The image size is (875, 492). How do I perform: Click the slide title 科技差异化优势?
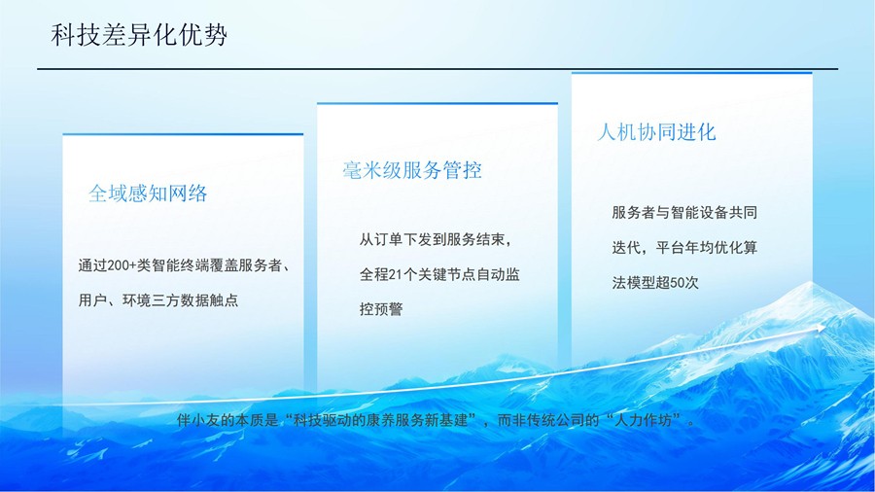click(x=139, y=35)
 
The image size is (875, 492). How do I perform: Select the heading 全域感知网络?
click(x=148, y=193)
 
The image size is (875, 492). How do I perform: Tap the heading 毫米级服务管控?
click(x=412, y=170)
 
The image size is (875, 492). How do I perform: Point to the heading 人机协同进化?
click(x=656, y=132)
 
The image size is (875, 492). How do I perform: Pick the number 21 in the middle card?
click(x=395, y=274)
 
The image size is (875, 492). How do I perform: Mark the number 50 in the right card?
click(x=677, y=283)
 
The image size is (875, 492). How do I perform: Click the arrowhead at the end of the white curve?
click(x=821, y=329)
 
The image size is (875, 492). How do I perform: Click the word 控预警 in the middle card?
click(x=381, y=309)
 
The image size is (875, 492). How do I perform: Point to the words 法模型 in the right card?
click(x=634, y=283)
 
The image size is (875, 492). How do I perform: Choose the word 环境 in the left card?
click(x=137, y=300)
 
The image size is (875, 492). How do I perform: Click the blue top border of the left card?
click(x=183, y=134)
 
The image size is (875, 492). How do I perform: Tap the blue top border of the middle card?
click(x=437, y=103)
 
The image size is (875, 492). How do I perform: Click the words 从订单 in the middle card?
click(x=381, y=240)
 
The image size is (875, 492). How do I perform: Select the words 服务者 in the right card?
click(x=634, y=213)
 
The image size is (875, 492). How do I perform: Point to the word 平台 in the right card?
click(x=670, y=248)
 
